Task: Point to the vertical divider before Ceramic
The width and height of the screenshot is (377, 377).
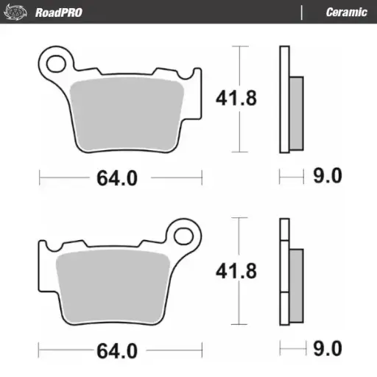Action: tap(302, 12)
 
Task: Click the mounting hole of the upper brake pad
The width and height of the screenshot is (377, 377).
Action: tap(56, 62)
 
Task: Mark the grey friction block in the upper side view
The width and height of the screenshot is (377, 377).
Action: tap(295, 110)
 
